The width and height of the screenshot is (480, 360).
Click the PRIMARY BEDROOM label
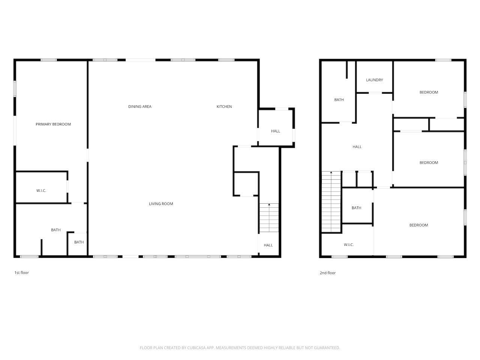click(x=53, y=124)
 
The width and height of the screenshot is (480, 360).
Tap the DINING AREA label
click(x=140, y=106)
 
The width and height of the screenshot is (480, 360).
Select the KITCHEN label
click(x=224, y=106)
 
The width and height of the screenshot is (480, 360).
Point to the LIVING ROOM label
click(x=161, y=204)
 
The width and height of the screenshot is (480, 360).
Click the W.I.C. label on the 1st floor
click(x=41, y=191)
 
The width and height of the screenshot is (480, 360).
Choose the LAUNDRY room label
click(x=374, y=80)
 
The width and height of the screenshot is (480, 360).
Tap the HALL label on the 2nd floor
click(x=357, y=147)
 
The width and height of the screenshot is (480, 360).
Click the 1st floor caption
click(x=21, y=273)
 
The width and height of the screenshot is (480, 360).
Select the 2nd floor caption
click(x=327, y=273)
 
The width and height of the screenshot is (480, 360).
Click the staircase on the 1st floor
click(x=269, y=218)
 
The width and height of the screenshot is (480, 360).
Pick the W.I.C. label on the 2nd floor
click(x=349, y=245)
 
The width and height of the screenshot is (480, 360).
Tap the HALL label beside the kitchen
click(x=276, y=131)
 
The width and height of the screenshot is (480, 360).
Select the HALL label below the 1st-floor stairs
click(x=268, y=245)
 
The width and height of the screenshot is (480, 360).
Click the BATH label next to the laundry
click(x=339, y=100)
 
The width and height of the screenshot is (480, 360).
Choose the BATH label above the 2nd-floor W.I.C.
click(x=357, y=208)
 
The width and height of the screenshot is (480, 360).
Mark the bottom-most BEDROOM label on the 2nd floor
click(x=418, y=225)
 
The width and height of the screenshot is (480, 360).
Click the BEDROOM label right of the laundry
click(x=429, y=92)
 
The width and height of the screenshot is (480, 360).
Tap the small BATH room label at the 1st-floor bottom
click(x=79, y=242)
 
